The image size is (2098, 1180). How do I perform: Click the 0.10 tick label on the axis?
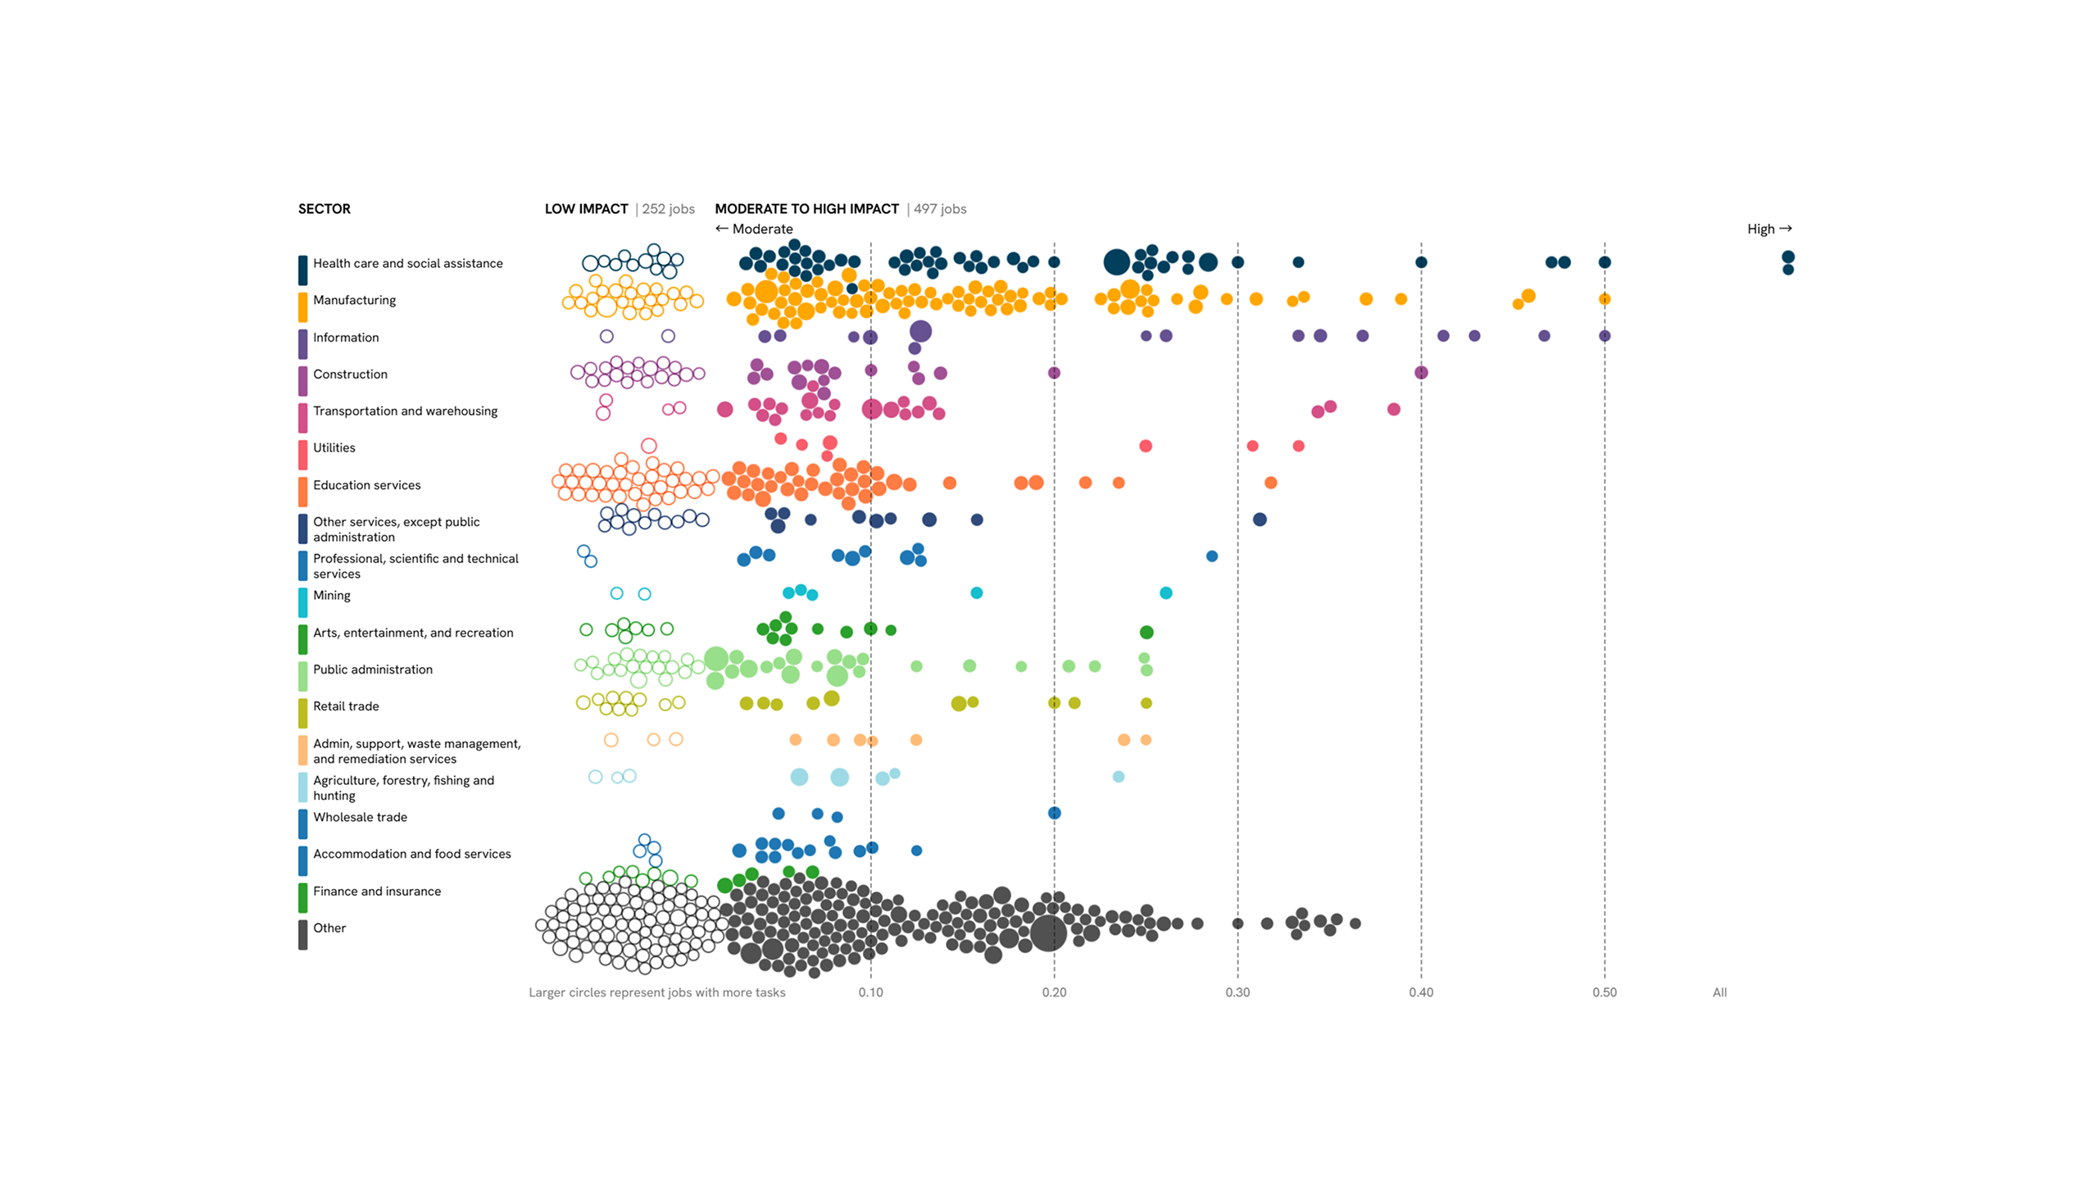point(870,992)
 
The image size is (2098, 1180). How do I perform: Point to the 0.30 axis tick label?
point(1237,992)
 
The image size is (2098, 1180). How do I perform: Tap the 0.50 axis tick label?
point(1604,992)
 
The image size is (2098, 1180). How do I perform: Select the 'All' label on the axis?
point(1719,992)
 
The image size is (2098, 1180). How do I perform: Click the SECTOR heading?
point(324,209)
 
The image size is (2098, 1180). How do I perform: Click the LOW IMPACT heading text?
point(586,209)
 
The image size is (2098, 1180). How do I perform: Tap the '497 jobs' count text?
point(940,209)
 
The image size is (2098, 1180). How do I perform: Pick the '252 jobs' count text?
point(668,209)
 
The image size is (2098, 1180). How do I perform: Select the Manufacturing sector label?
point(354,300)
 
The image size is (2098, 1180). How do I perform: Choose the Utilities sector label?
point(334,447)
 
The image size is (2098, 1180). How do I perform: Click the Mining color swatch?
point(303,602)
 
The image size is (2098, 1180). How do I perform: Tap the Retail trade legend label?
point(346,706)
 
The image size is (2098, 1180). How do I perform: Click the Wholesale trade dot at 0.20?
point(1054,813)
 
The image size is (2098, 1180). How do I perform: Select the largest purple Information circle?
point(920,331)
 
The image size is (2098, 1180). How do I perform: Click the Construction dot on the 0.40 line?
point(1421,373)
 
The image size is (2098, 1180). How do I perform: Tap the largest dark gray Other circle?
point(1048,933)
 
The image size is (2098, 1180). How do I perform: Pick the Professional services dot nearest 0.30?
point(1211,556)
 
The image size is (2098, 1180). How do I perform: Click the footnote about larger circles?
point(656,992)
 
